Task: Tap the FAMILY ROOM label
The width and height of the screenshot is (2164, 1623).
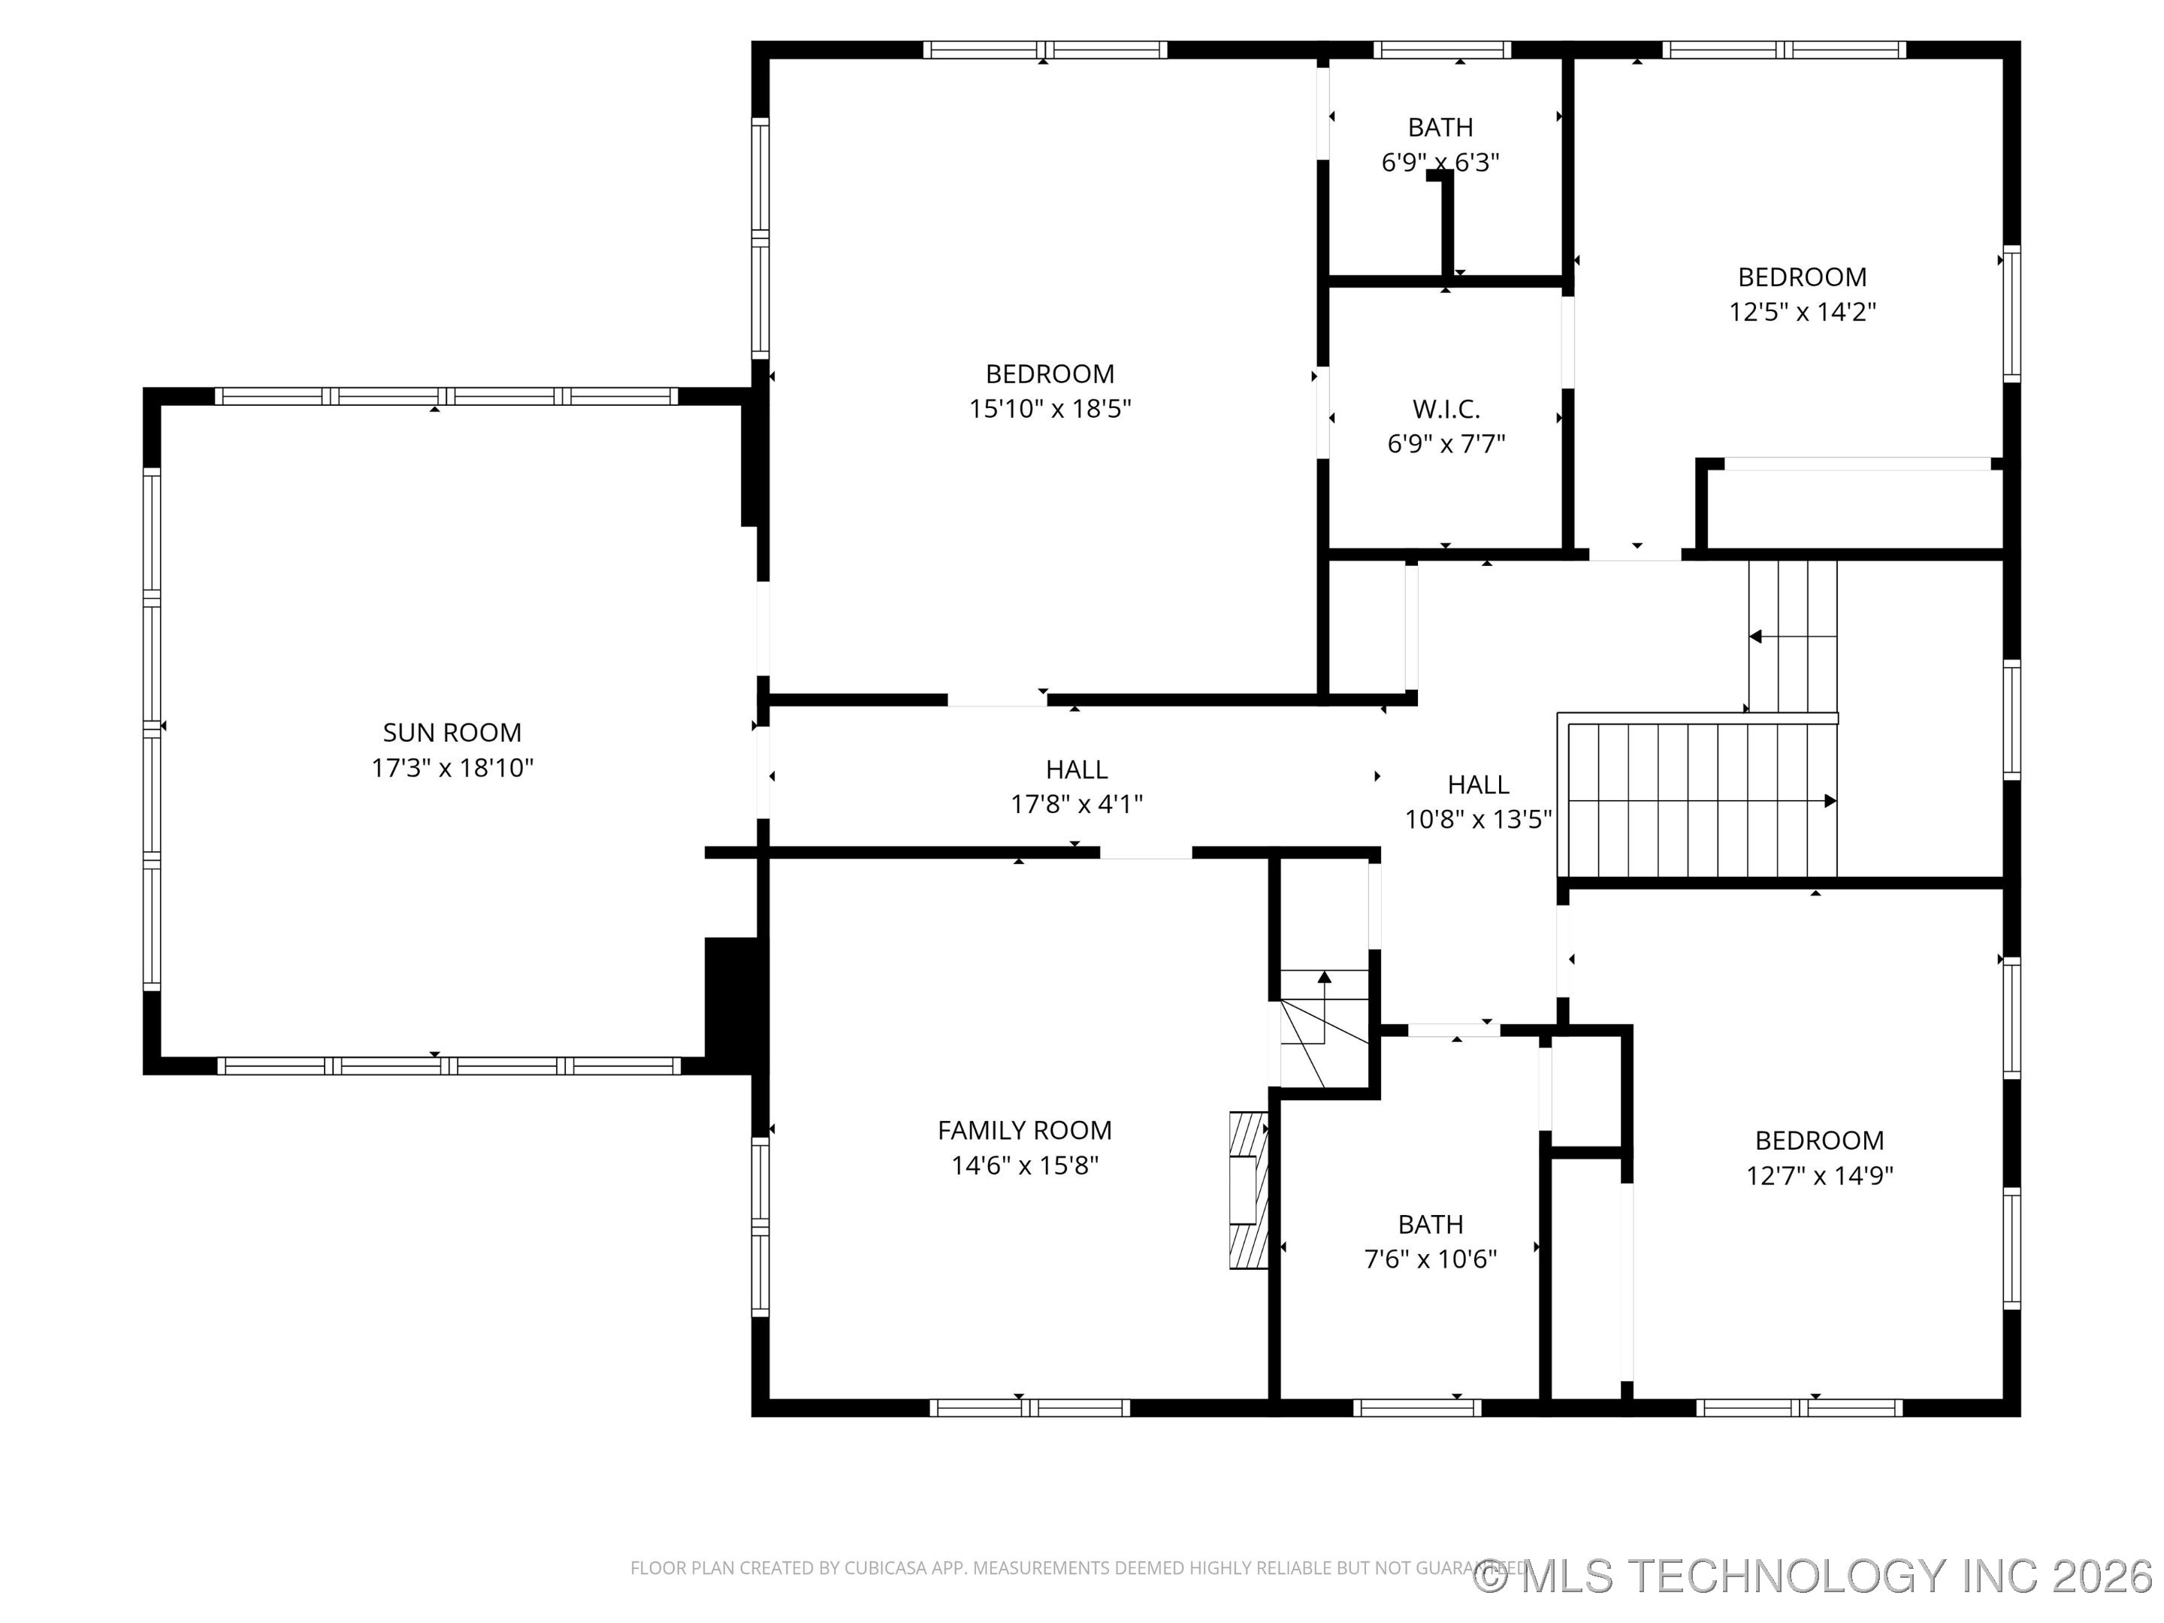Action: tap(1024, 1131)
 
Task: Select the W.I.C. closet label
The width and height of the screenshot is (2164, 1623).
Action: tap(1446, 409)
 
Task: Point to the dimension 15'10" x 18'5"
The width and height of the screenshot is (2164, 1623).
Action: tap(1050, 409)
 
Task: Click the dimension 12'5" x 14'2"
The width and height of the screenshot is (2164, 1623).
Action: tap(1802, 312)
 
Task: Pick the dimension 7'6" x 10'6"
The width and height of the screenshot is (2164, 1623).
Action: tap(1431, 1259)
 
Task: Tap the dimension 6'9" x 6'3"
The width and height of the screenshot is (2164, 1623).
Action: tap(1440, 162)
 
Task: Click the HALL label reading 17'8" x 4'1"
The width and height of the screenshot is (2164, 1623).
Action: tap(1076, 770)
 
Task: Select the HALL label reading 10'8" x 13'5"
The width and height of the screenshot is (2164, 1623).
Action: tap(1477, 784)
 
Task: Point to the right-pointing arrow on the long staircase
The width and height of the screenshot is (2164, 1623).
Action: tap(1828, 801)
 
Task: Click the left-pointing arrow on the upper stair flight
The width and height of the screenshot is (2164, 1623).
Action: tap(1756, 637)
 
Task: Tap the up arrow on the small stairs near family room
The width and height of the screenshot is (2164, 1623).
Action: tap(1324, 976)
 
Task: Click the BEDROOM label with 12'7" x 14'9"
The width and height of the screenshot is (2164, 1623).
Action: tap(1818, 1141)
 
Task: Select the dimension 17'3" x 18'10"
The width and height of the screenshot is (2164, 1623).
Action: tap(452, 768)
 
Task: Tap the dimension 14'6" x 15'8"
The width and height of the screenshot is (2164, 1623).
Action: tap(1024, 1166)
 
